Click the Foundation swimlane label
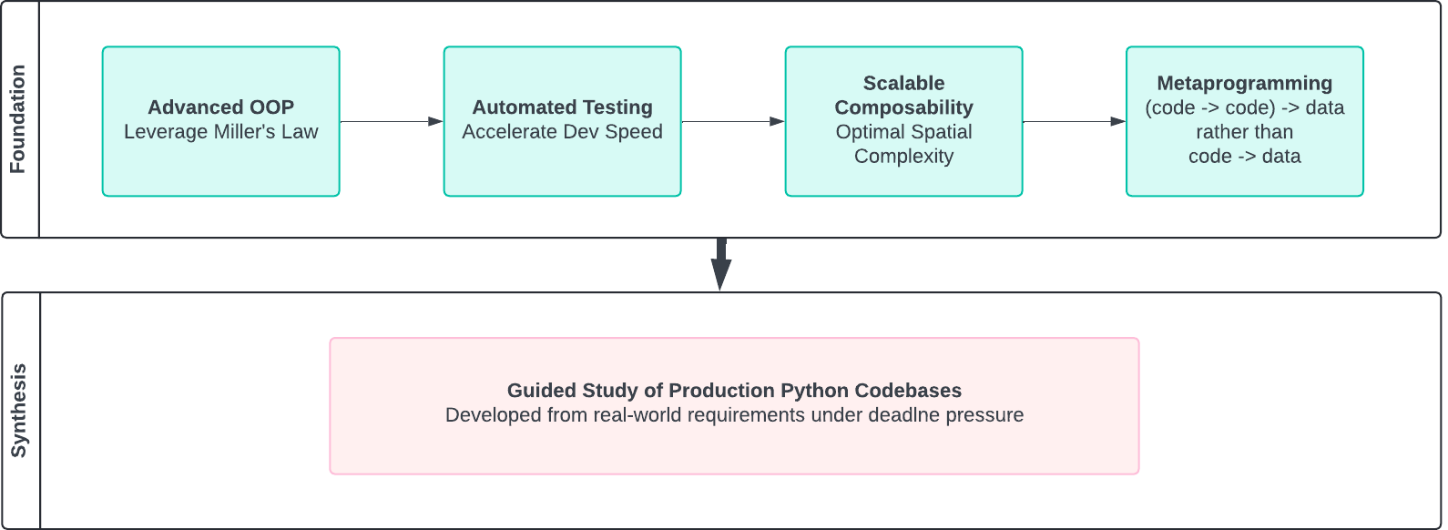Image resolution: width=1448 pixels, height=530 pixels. click(x=17, y=119)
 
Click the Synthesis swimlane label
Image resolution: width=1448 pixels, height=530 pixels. click(x=18, y=411)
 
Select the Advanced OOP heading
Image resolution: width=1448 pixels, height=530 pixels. click(x=220, y=107)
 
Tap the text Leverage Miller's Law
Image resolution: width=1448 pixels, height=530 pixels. click(x=220, y=132)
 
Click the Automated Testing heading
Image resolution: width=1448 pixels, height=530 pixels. click(x=562, y=107)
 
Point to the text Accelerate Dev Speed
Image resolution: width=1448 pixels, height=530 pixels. click(x=562, y=132)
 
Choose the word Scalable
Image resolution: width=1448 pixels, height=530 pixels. click(x=903, y=83)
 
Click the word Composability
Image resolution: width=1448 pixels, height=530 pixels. click(x=903, y=107)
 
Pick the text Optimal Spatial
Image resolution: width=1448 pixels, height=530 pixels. click(x=903, y=132)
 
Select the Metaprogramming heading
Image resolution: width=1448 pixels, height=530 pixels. click(x=1244, y=83)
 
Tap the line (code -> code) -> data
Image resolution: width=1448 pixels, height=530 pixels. click(x=1244, y=107)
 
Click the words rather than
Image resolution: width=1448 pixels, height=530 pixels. click(x=1244, y=132)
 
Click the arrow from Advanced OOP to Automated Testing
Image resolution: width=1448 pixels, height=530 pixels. click(x=392, y=121)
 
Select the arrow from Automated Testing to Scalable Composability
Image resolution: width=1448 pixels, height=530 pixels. click(x=733, y=121)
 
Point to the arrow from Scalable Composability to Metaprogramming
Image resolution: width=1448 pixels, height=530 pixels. click(x=1075, y=121)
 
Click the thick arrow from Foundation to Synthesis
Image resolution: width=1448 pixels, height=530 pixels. click(x=720, y=264)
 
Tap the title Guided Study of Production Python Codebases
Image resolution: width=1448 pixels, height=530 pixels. click(x=734, y=391)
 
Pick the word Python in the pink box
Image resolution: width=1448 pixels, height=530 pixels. click(x=801, y=391)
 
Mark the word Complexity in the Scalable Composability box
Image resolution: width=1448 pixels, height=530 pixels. click(x=903, y=157)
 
